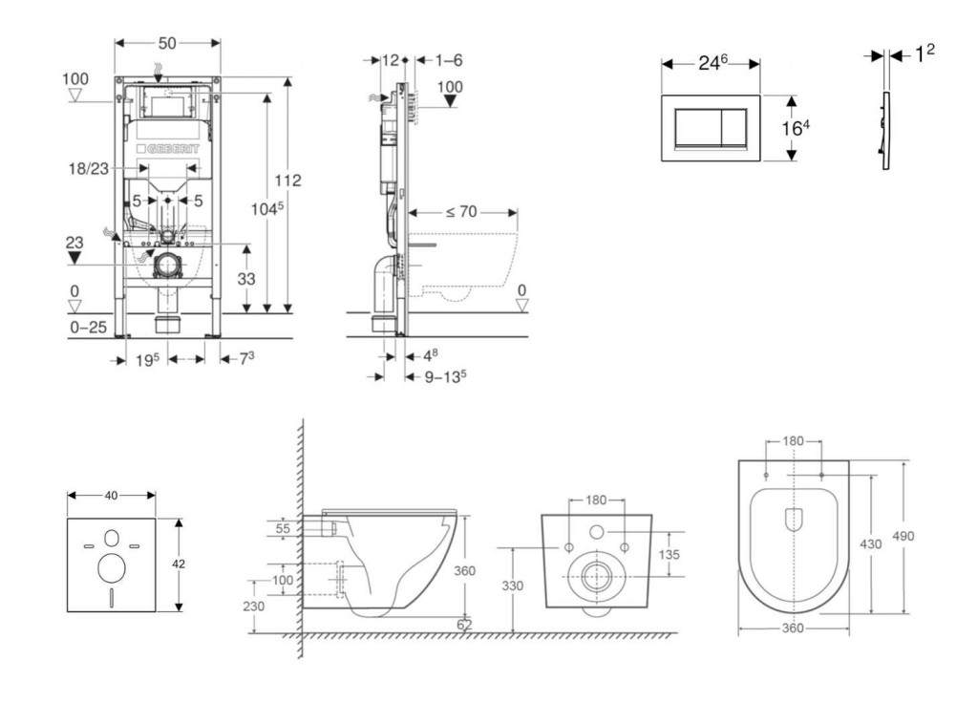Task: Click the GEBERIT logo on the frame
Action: (x=173, y=149)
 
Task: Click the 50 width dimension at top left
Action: (x=167, y=43)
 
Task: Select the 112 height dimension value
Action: (x=287, y=181)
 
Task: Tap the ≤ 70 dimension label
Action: (x=460, y=211)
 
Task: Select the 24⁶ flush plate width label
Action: (x=712, y=62)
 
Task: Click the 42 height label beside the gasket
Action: (x=179, y=564)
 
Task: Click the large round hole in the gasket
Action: (x=111, y=568)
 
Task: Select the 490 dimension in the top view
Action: (x=904, y=536)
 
